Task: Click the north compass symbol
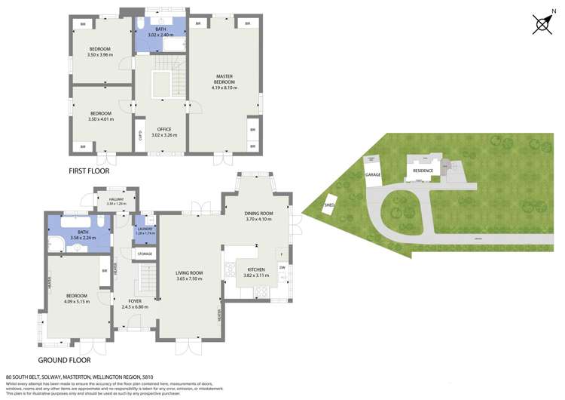coord(542,24)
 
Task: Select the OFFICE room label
coord(164,130)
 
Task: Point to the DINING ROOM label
coord(258,214)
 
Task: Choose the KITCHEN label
coord(256,270)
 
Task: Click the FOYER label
coord(135,301)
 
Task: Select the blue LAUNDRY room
coord(145,231)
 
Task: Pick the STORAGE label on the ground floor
coord(145,254)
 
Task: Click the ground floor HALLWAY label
coord(116,199)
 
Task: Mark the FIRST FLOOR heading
coord(89,171)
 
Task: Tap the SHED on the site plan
coord(330,204)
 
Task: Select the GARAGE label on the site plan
coord(373,174)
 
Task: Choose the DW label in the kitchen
coord(282,267)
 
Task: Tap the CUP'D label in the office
coord(140,137)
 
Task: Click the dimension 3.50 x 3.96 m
coord(99,54)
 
